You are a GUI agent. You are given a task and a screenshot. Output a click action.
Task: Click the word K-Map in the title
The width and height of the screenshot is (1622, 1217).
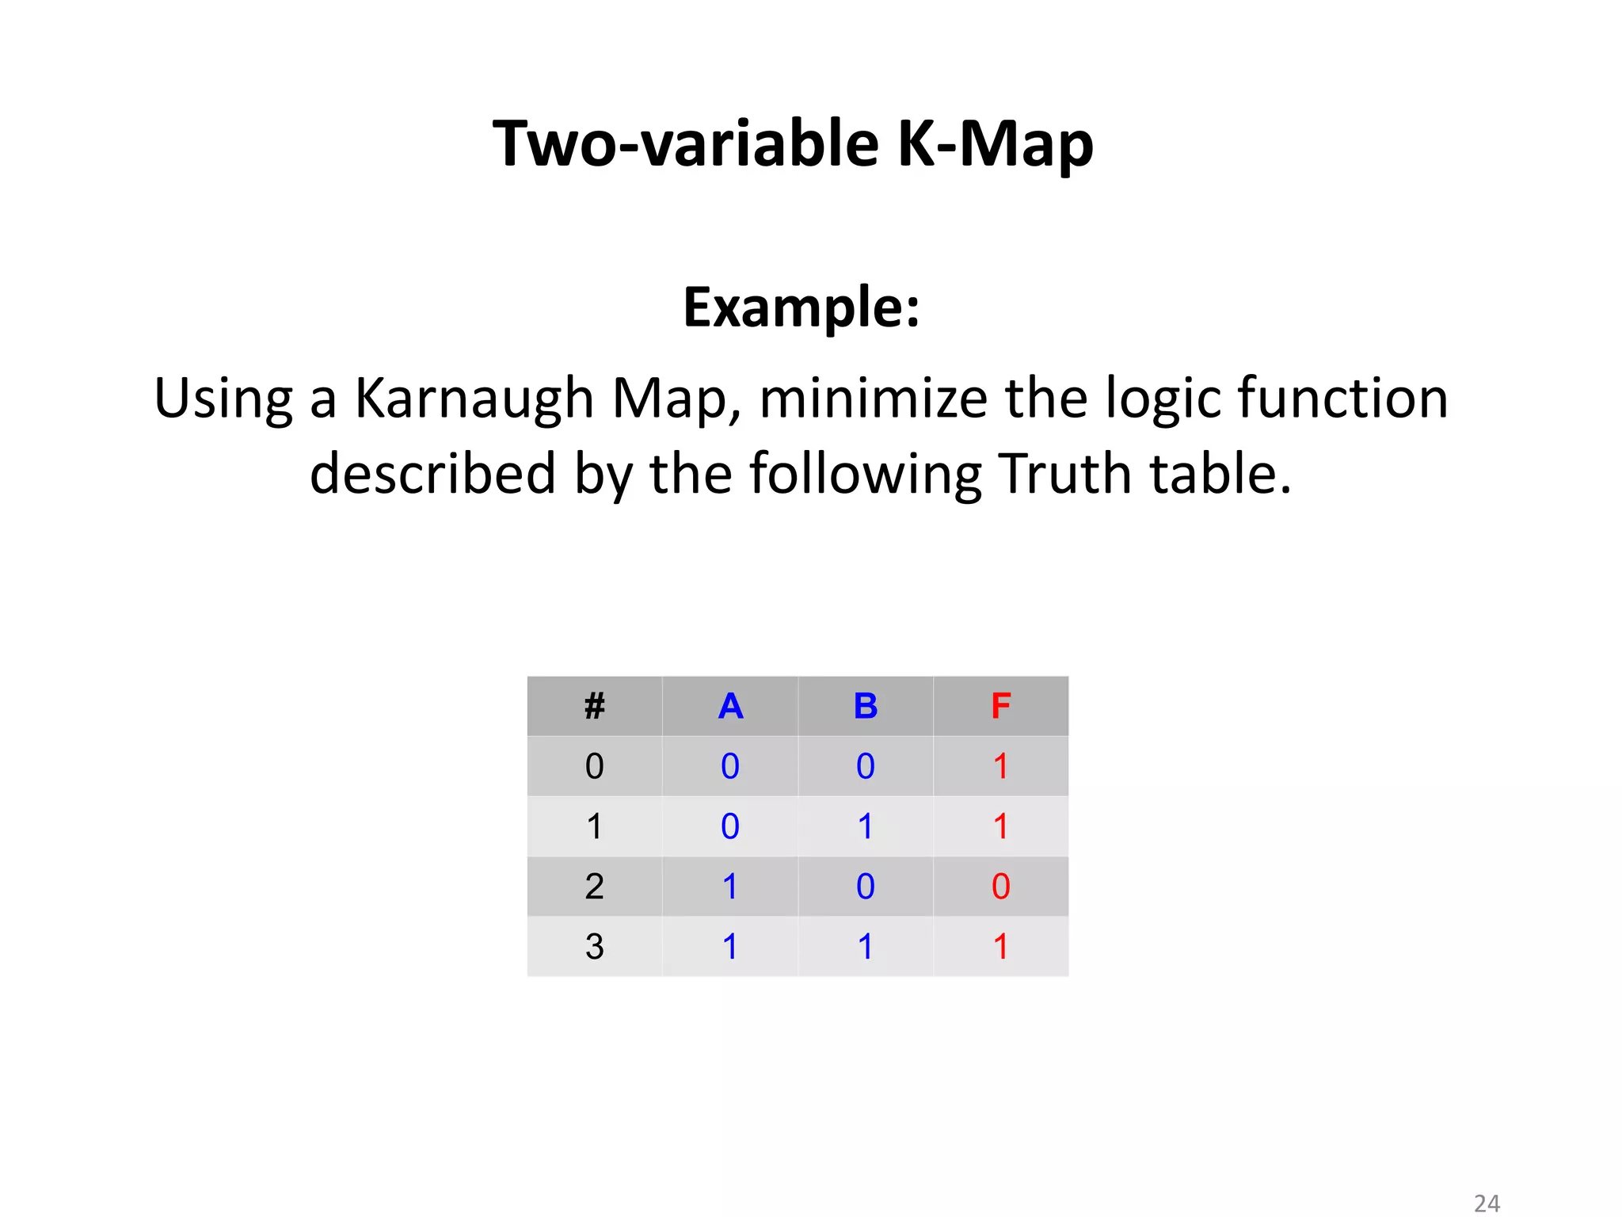pyautogui.click(x=995, y=144)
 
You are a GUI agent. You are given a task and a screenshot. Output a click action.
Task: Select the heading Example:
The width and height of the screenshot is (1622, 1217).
pyautogui.click(x=801, y=307)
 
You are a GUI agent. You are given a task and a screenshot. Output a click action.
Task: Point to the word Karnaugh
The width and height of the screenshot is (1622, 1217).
pyautogui.click(x=474, y=399)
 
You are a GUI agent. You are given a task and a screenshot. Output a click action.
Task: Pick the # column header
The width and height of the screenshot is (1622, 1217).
pyautogui.click(x=594, y=706)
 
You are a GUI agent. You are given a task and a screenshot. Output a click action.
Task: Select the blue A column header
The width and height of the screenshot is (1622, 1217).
pyautogui.click(x=730, y=706)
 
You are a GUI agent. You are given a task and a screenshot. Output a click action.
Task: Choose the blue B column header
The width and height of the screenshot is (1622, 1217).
pyautogui.click(x=866, y=706)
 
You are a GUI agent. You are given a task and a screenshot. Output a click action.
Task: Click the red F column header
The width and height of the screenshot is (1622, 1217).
pyautogui.click(x=1000, y=706)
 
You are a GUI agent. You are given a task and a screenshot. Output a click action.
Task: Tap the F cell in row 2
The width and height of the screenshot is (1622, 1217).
pyautogui.click(x=1000, y=887)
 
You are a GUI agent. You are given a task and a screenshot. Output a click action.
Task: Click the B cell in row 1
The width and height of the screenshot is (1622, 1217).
pyautogui.click(x=866, y=826)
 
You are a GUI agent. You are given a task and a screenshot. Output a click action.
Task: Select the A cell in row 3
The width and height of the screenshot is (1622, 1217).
pyautogui.click(x=730, y=947)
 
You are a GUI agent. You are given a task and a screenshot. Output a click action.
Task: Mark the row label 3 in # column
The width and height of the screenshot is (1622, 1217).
pyautogui.click(x=594, y=947)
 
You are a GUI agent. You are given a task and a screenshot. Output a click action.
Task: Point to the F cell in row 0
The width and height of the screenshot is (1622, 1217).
pyautogui.click(x=1000, y=766)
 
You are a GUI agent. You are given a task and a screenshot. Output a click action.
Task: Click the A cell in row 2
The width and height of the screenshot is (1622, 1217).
pyautogui.click(x=730, y=887)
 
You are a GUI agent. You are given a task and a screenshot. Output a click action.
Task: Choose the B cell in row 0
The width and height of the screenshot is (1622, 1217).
pyautogui.click(x=866, y=766)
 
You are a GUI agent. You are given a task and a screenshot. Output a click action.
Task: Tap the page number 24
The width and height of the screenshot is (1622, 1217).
pyautogui.click(x=1487, y=1204)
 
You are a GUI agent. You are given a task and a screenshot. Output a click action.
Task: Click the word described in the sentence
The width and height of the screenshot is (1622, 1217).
pyautogui.click(x=432, y=474)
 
